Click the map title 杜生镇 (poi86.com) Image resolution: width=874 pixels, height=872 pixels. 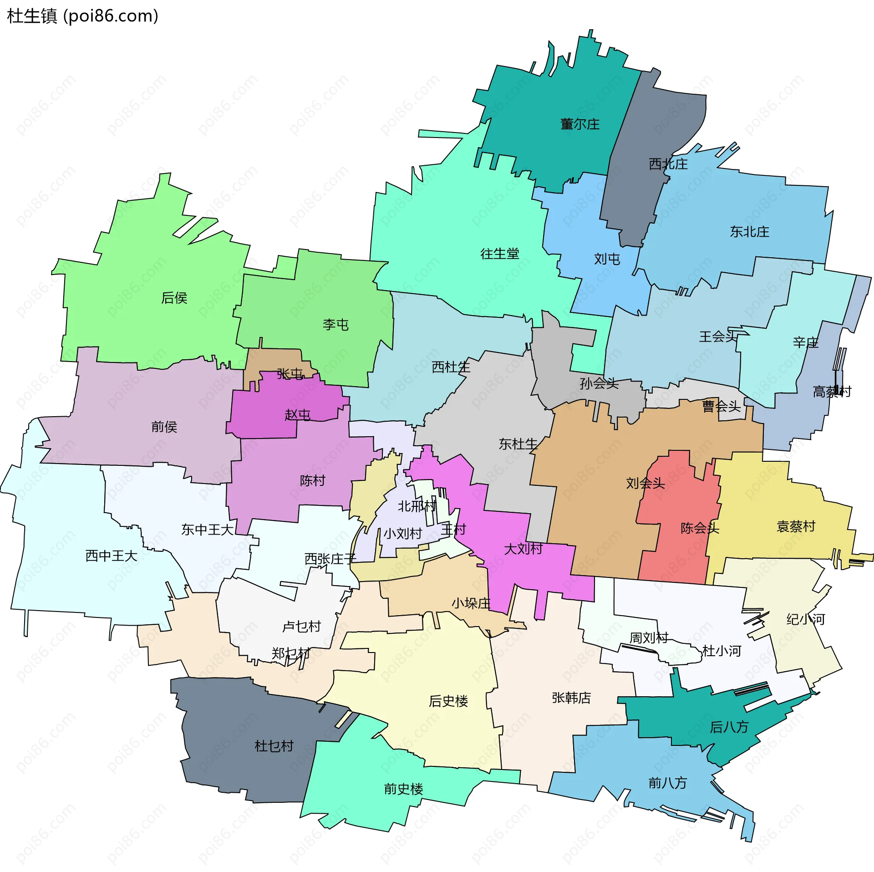pyautogui.click(x=83, y=16)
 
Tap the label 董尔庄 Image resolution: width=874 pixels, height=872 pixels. pyautogui.click(x=579, y=124)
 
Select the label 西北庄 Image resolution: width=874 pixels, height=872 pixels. pyautogui.click(x=668, y=164)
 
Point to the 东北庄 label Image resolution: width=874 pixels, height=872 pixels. pyautogui.click(x=749, y=232)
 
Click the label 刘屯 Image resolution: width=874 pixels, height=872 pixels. pyautogui.click(x=607, y=259)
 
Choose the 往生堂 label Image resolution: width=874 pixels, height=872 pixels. pyautogui.click(x=499, y=254)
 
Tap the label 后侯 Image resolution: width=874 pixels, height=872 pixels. pyautogui.click(x=174, y=298)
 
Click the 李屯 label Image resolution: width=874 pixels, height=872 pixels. pyautogui.click(x=335, y=325)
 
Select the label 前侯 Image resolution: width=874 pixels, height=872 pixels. pyautogui.click(x=164, y=427)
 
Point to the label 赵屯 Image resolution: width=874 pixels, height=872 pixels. pyautogui.click(x=297, y=415)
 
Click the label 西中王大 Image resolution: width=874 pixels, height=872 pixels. pyautogui.click(x=111, y=556)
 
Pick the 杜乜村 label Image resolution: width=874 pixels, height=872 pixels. pyautogui.click(x=274, y=746)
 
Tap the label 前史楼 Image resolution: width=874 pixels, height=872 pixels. pyautogui.click(x=403, y=789)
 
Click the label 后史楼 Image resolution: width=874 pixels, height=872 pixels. pyautogui.click(x=448, y=701)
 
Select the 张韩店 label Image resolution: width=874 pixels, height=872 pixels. pyautogui.click(x=571, y=698)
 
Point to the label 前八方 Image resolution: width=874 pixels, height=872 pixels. pyautogui.click(x=667, y=783)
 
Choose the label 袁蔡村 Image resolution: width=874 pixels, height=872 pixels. pyautogui.click(x=795, y=526)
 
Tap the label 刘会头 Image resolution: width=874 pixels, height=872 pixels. pyautogui.click(x=645, y=483)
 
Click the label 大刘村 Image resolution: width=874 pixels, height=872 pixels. pyautogui.click(x=523, y=549)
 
